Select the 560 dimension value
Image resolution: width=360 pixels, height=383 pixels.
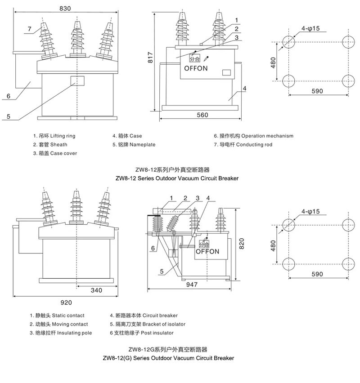pyautogui.click(x=202, y=115)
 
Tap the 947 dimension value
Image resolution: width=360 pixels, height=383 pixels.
pyautogui.click(x=193, y=285)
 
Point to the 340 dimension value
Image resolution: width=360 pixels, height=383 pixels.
pyautogui.click(x=96, y=290)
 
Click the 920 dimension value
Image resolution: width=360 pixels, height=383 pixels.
pyautogui.click(x=66, y=303)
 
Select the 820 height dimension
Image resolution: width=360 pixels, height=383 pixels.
pyautogui.click(x=242, y=243)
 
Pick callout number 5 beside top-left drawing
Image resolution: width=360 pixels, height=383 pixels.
pyautogui.click(x=8, y=116)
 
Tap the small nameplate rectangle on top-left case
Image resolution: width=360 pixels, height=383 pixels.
pyautogui.click(x=76, y=80)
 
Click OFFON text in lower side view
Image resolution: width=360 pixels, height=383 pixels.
pyautogui.click(x=207, y=252)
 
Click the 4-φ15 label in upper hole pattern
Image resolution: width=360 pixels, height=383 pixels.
pyautogui.click(x=310, y=28)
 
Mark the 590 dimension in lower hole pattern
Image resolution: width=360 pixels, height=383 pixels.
pyautogui.click(x=317, y=274)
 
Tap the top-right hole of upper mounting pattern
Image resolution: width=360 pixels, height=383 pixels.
pyautogui.click(x=349, y=43)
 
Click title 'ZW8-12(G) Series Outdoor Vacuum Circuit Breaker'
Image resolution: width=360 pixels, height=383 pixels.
pyautogui.click(x=168, y=358)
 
